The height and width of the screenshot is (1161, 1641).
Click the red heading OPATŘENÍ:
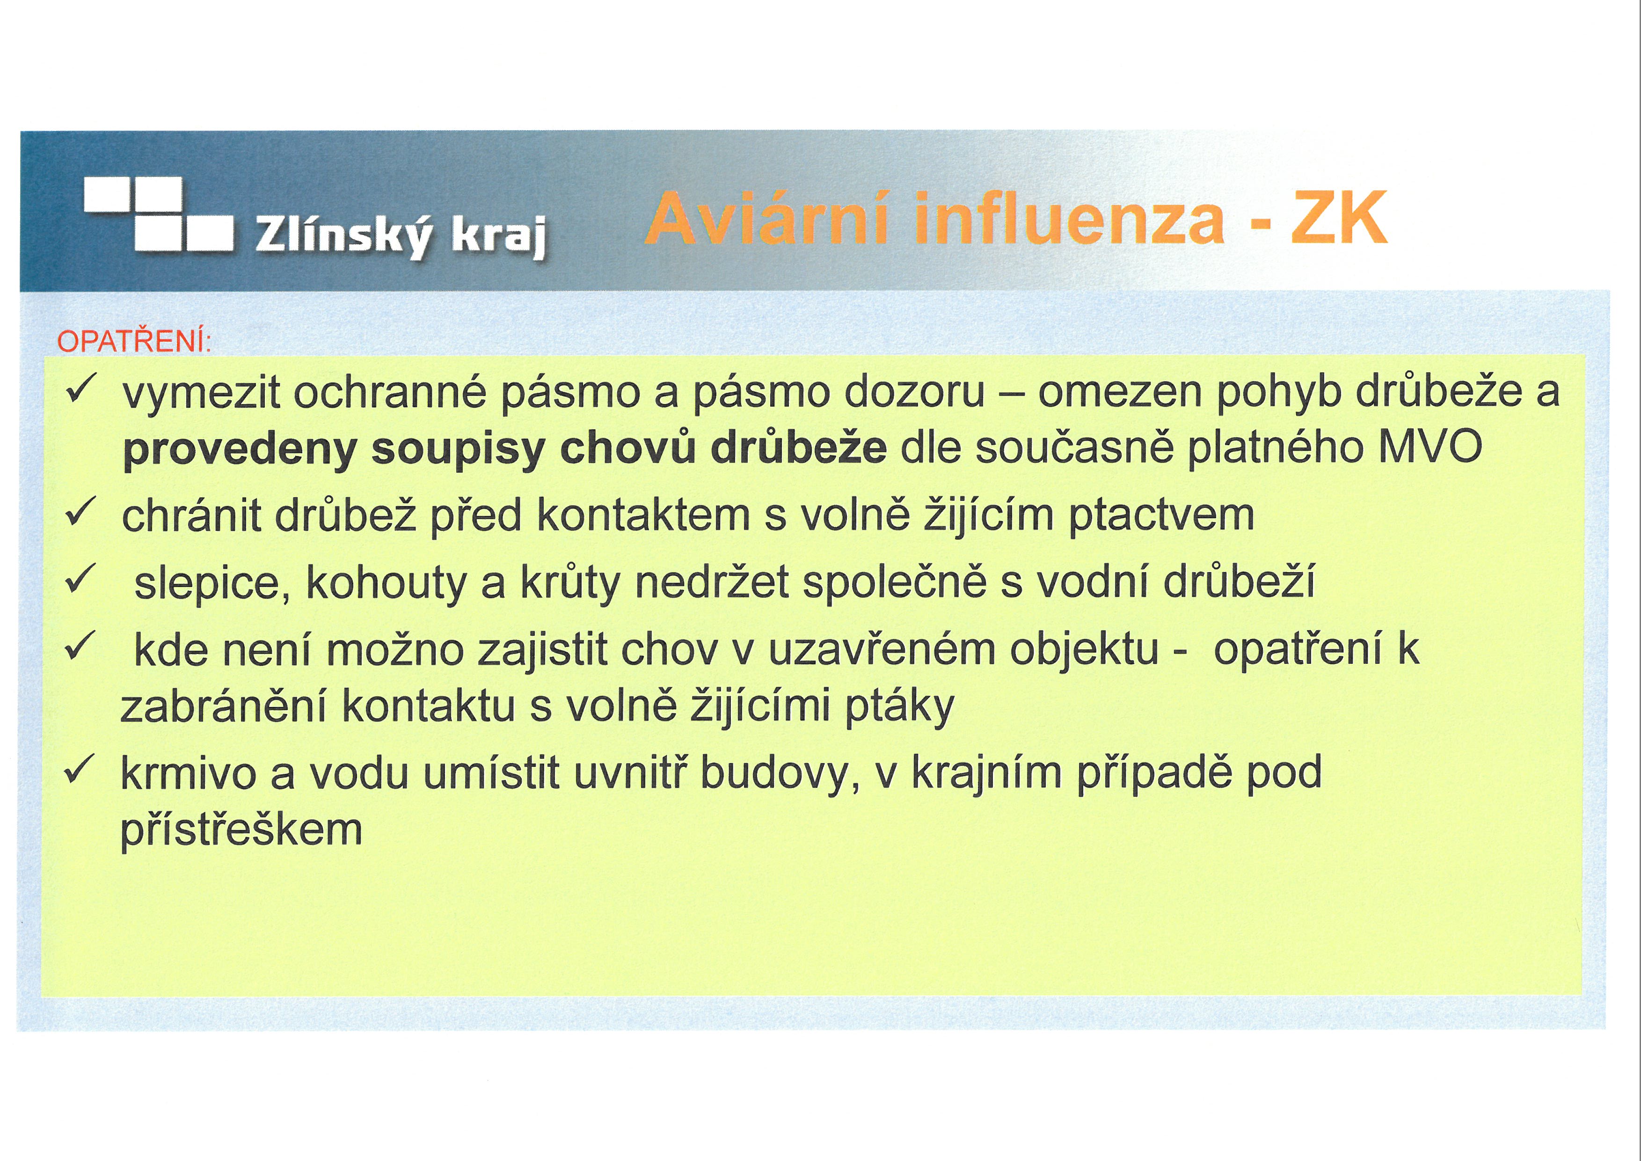(x=134, y=342)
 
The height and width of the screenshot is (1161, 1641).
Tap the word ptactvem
(x=1161, y=517)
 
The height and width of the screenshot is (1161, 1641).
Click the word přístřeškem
(x=241, y=830)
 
